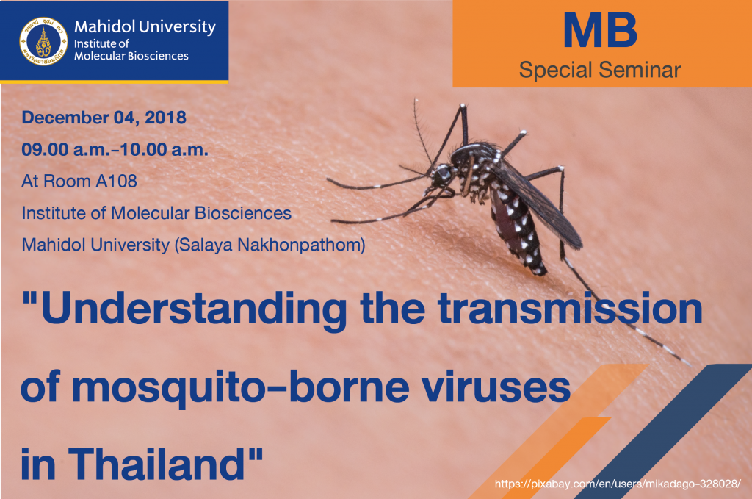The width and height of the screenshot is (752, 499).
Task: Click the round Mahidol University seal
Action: click(x=43, y=41)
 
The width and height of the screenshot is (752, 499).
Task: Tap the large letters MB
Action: click(x=600, y=31)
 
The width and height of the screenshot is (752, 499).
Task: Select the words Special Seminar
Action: click(x=600, y=70)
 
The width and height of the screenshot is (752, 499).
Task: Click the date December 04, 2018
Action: click(x=104, y=118)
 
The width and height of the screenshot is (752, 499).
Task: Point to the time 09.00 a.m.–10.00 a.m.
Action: click(x=115, y=149)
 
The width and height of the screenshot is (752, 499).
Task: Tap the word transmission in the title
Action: click(x=570, y=309)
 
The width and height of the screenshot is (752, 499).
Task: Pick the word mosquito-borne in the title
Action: click(x=241, y=389)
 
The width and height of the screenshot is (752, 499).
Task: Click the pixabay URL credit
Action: click(x=618, y=483)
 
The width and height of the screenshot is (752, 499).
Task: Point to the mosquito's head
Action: click(x=441, y=175)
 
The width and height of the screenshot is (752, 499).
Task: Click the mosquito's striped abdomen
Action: click(x=517, y=230)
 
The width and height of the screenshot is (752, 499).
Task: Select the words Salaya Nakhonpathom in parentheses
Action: click(x=270, y=245)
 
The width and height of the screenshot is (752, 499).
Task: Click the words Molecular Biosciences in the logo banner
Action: click(x=131, y=56)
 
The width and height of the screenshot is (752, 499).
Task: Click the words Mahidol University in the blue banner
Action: click(x=145, y=27)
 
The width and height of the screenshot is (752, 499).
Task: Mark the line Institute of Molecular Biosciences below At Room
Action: click(x=156, y=213)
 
